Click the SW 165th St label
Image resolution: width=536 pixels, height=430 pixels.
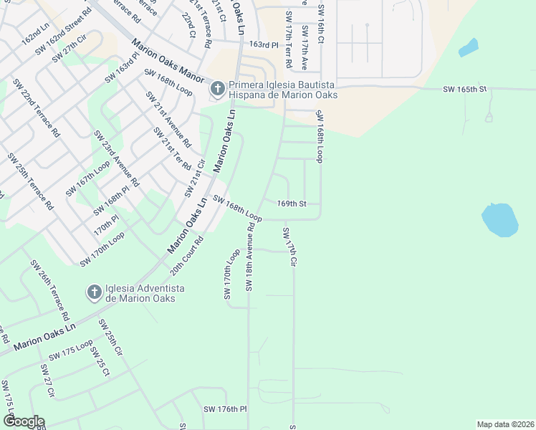pos(464,89)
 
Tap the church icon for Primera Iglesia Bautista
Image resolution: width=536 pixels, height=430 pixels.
pos(217,90)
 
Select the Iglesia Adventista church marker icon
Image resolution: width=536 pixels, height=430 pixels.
pos(93,292)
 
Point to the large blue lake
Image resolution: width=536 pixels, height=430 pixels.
pos(499,219)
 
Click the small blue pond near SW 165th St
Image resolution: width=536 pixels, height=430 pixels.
pos(468,47)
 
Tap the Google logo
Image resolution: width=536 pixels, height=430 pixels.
pos(24,421)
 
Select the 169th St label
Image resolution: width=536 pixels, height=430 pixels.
pos(292,204)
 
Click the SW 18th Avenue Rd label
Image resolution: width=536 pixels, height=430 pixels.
pos(251,256)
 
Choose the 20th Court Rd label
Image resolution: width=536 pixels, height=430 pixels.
pos(187,256)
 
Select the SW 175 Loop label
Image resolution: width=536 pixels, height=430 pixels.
pos(70,350)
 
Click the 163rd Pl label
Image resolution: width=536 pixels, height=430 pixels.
pos(263,44)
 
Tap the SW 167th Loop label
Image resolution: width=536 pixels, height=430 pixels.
pos(87,179)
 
